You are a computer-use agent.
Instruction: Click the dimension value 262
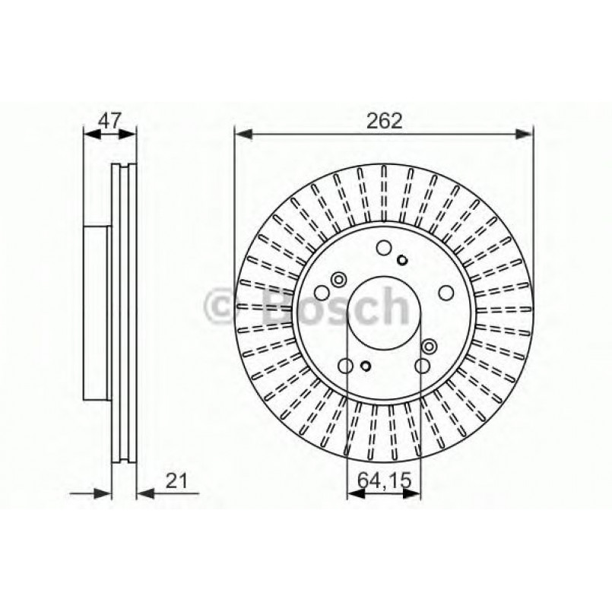(383, 120)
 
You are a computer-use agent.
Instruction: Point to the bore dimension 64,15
(383, 480)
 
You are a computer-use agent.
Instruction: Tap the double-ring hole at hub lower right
(430, 347)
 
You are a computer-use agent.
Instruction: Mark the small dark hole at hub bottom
(365, 368)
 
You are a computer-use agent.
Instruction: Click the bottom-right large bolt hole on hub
(420, 366)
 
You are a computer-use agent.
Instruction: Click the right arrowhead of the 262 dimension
(526, 135)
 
